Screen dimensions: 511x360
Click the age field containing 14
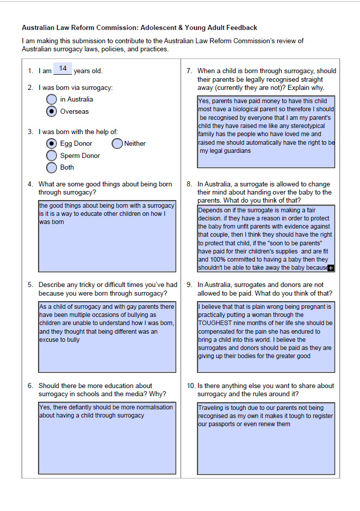point(62,69)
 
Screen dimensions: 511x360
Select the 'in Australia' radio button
point(51,99)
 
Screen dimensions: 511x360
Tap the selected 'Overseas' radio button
point(51,111)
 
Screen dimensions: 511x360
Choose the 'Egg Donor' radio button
point(51,144)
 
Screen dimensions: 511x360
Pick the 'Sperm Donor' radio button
point(51,155)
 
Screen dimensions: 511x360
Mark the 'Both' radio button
point(51,167)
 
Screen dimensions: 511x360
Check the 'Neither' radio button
point(117,144)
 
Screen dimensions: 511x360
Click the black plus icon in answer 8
point(331,268)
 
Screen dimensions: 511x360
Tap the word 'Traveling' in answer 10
point(211,408)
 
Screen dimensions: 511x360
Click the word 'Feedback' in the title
point(242,28)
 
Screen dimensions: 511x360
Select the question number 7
point(189,71)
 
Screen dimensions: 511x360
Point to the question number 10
point(191,386)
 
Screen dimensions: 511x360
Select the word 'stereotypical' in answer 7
point(306,126)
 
